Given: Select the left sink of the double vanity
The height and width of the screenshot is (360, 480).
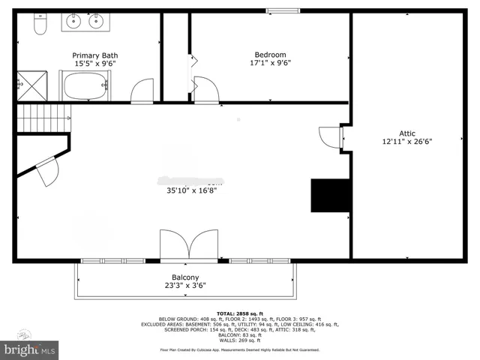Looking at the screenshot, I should (75, 21).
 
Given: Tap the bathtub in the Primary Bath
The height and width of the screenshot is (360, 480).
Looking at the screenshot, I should (86, 86).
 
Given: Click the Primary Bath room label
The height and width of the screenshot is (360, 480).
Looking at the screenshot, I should (94, 55).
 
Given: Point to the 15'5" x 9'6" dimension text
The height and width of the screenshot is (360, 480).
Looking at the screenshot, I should (94, 64).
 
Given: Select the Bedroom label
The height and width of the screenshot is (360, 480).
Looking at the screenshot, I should (270, 55).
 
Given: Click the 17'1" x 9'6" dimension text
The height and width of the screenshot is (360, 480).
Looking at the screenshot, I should (270, 63).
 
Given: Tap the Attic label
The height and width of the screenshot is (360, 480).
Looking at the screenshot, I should (406, 132).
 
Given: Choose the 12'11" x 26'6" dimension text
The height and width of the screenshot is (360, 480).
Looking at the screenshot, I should (406, 140).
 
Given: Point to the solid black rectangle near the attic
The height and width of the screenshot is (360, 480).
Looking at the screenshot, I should (331, 195).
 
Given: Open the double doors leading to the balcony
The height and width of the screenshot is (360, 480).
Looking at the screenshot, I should (188, 245).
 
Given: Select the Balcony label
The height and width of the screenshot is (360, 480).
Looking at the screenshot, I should (185, 277).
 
